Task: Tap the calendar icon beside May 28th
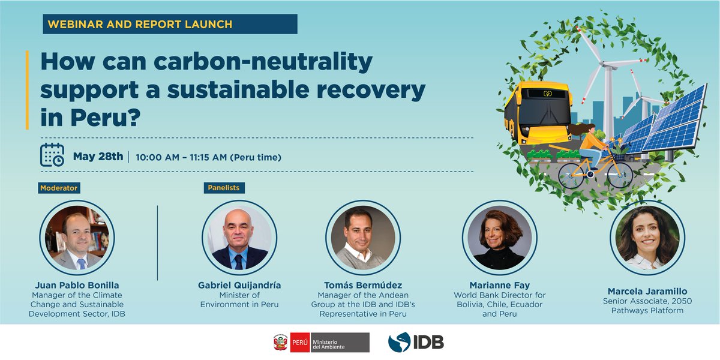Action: tap(52, 155)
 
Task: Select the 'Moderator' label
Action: tap(59, 188)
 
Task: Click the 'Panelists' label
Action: tap(224, 188)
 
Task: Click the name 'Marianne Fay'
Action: tap(499, 284)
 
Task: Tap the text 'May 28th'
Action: tap(98, 157)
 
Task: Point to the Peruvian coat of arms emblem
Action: tap(280, 343)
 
